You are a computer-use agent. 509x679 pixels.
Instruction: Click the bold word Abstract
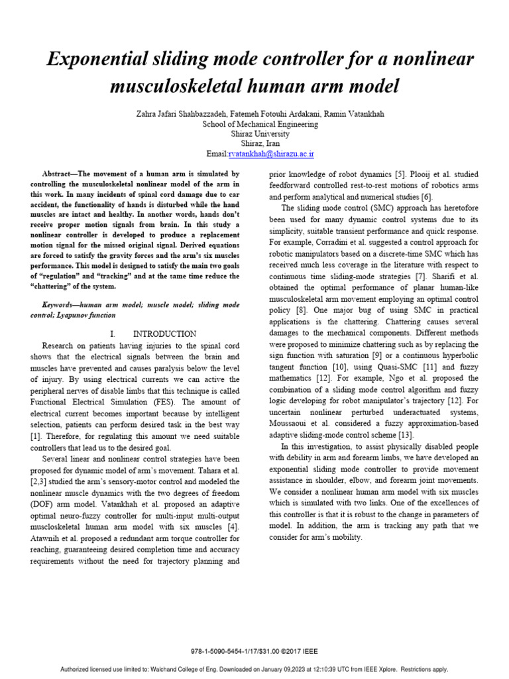58,174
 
